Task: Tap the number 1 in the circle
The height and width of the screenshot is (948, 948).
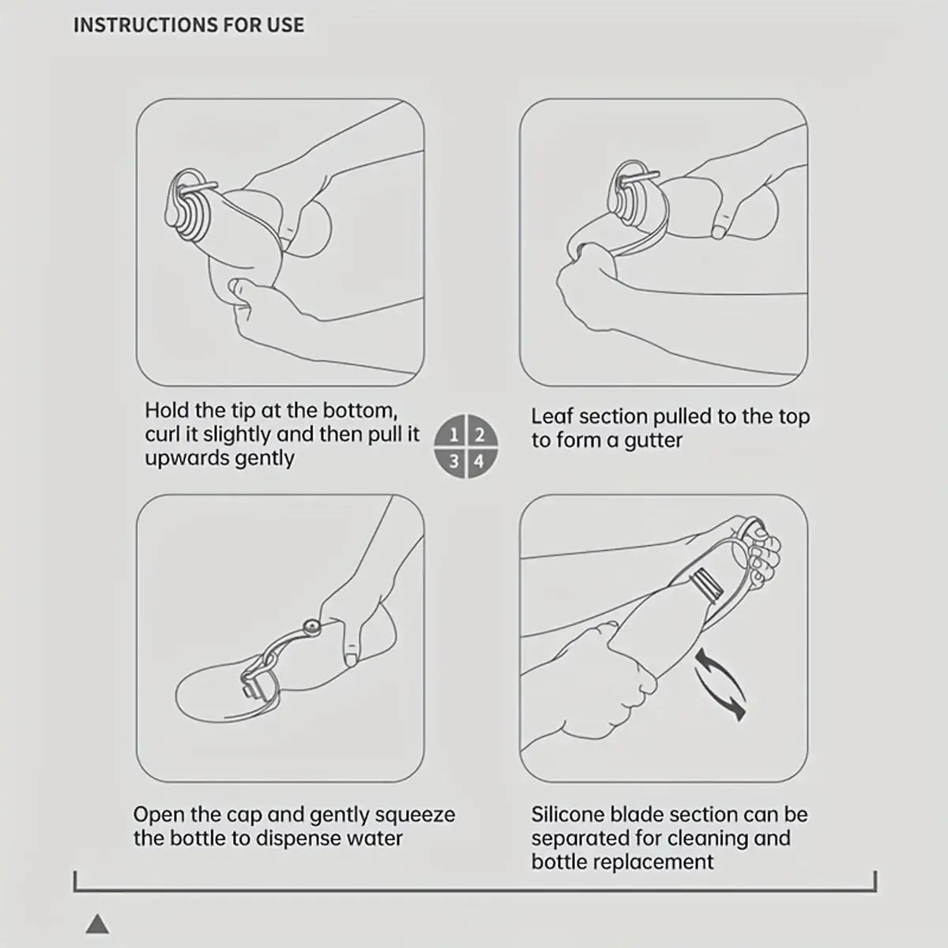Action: [453, 434]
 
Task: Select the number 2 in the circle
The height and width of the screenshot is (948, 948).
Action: [480, 434]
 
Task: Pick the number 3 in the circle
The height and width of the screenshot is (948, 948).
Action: [453, 461]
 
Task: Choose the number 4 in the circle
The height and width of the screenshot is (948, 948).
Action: [479, 461]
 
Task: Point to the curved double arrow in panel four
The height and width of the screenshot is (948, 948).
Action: [719, 684]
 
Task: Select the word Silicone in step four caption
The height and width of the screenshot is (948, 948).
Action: [568, 814]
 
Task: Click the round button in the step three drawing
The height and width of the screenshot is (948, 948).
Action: [311, 626]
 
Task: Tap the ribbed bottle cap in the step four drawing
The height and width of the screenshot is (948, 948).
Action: [707, 585]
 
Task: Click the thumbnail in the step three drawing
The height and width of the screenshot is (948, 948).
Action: [352, 660]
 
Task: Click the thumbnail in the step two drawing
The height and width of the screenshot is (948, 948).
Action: [719, 231]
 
